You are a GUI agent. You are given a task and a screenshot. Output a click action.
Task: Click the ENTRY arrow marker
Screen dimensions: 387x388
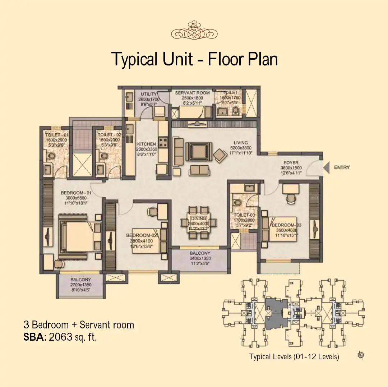pos(326,168)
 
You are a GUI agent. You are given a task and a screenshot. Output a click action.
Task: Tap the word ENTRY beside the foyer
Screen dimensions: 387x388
pos(342,167)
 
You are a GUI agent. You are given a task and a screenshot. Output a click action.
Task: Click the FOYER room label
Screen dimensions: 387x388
pos(291,162)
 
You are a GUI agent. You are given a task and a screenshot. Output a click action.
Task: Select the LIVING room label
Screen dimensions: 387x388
pos(241,143)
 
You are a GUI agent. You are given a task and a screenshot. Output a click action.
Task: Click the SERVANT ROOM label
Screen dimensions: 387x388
pos(192,93)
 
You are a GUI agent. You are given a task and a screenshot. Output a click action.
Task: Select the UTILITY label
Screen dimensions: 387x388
pos(148,95)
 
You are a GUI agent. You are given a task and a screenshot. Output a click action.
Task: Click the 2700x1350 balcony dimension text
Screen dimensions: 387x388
pos(80,284)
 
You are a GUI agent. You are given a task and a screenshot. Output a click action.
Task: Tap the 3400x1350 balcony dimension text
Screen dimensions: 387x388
pos(200,258)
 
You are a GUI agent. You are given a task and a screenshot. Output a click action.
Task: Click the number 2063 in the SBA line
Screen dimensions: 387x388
pos(60,337)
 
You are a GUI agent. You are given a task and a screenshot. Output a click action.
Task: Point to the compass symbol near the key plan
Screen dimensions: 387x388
pos(361,355)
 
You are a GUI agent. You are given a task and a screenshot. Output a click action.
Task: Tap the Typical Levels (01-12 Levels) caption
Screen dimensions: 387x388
pos(294,357)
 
